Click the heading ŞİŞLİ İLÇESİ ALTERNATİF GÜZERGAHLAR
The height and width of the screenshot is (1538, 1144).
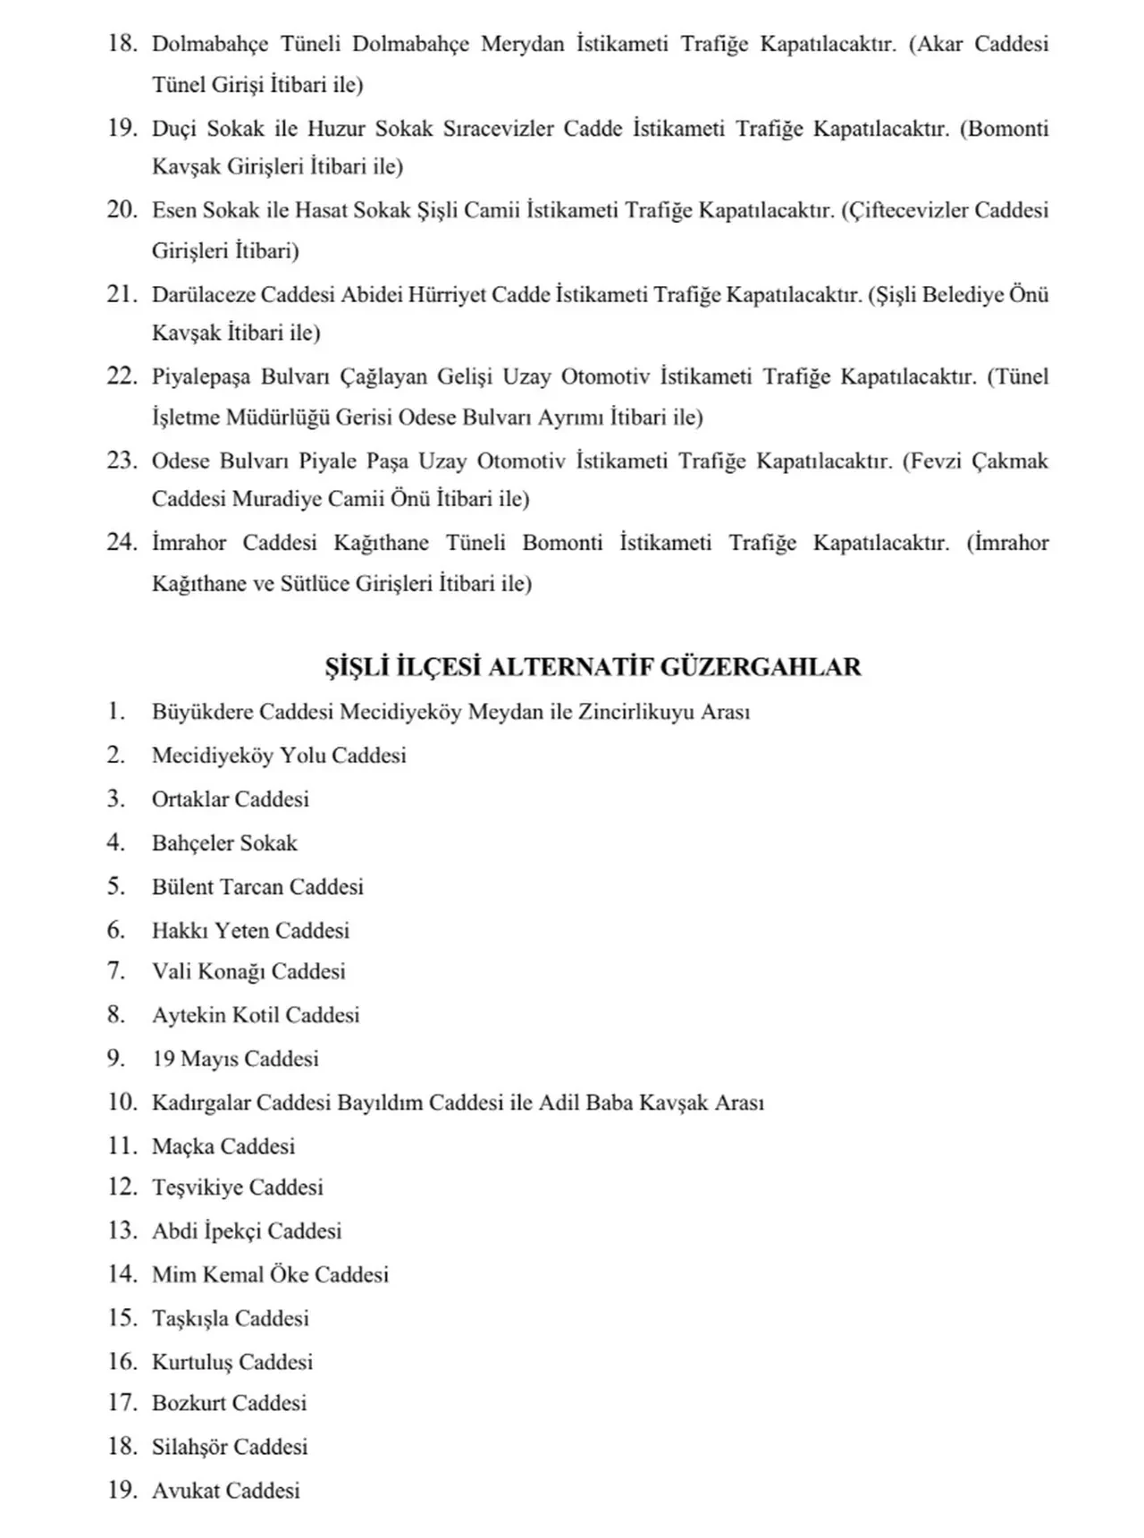593,667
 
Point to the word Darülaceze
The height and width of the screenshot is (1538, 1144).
204,295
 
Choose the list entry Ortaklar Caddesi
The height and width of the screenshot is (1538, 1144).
231,799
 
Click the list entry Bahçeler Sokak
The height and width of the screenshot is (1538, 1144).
224,843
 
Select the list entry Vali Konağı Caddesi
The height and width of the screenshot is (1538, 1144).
248,972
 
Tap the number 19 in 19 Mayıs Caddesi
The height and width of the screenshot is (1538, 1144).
164,1060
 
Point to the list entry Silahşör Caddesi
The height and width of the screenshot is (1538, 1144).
230,1447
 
